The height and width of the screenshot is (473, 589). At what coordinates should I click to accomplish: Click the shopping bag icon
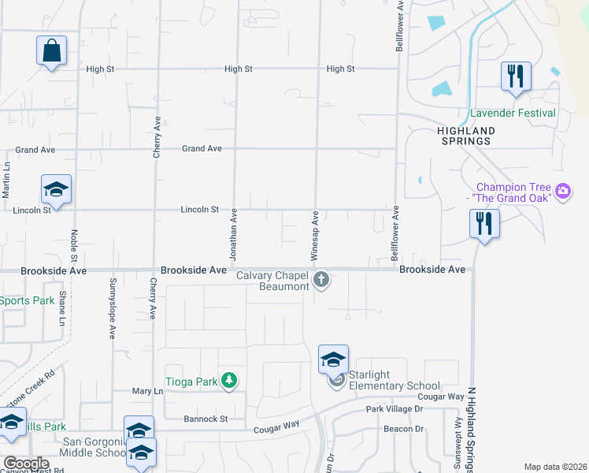(x=51, y=50)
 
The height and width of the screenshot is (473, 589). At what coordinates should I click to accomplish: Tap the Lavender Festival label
(x=513, y=113)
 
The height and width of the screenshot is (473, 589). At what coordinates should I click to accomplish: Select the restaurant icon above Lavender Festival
(x=516, y=76)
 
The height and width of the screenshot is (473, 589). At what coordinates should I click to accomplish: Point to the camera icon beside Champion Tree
(x=563, y=191)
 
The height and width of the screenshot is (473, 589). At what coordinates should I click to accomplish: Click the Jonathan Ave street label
(x=233, y=236)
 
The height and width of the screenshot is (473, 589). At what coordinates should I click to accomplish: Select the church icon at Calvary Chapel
(x=321, y=279)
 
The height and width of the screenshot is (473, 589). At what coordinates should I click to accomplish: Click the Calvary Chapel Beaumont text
(x=273, y=280)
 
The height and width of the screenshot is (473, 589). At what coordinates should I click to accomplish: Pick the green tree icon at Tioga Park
(x=228, y=382)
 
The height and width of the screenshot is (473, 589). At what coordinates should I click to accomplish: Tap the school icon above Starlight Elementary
(x=333, y=359)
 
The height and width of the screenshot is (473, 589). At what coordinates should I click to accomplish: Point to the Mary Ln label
(x=147, y=391)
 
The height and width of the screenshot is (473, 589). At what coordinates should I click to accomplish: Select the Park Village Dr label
(x=394, y=409)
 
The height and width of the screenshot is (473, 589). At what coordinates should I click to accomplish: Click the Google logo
(x=26, y=464)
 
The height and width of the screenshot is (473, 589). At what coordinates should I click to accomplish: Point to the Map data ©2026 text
(x=554, y=467)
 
